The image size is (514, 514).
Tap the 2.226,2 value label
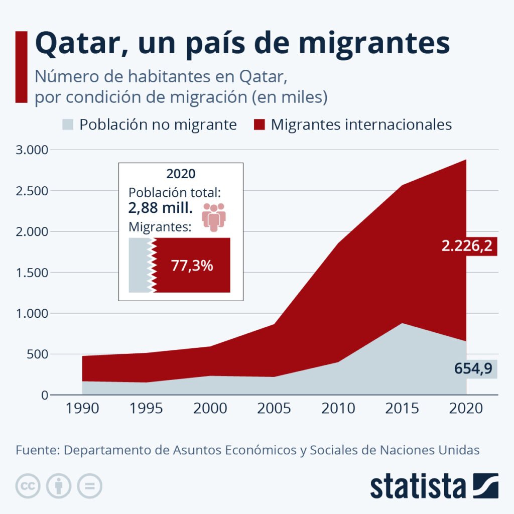(x=466, y=246)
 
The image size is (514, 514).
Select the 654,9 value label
(x=473, y=369)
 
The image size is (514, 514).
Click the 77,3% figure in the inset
(x=192, y=266)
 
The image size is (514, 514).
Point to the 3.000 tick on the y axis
(x=31, y=150)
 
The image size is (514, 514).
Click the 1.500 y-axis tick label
(x=31, y=273)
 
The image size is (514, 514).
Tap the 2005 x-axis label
(x=274, y=408)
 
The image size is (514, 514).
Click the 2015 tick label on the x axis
(x=402, y=408)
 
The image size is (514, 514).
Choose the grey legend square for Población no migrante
(x=68, y=124)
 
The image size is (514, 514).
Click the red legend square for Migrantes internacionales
(x=259, y=124)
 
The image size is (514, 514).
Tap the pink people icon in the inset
(x=214, y=217)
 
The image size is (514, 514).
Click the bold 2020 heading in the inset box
(x=181, y=174)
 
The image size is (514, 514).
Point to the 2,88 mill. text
(x=161, y=209)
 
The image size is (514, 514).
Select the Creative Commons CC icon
(x=28, y=486)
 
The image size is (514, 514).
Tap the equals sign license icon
(x=89, y=486)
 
